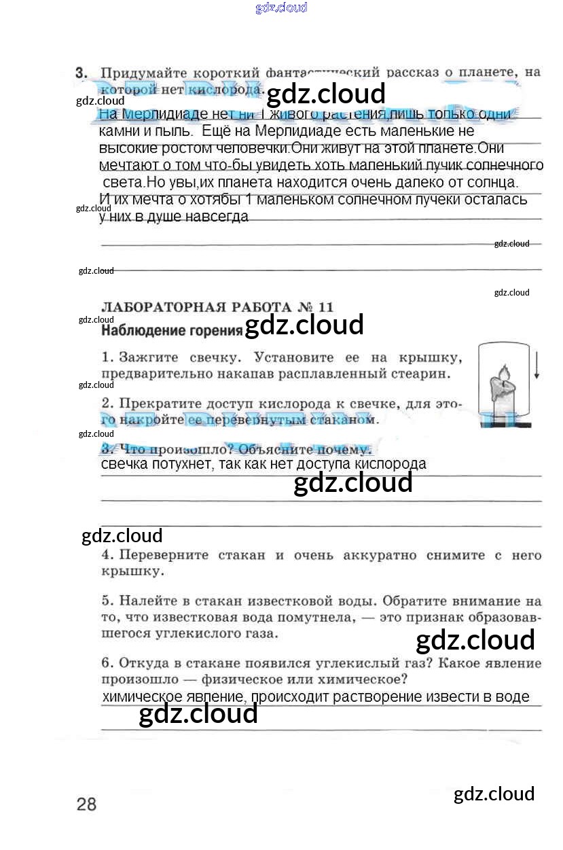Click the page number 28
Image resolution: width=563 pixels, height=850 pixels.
[87, 804]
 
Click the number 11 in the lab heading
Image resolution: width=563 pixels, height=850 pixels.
[325, 306]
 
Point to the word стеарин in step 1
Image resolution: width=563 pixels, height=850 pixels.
[424, 373]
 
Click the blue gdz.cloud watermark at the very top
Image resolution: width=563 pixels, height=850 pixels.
[281, 8]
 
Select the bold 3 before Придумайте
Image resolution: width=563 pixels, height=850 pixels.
[81, 72]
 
